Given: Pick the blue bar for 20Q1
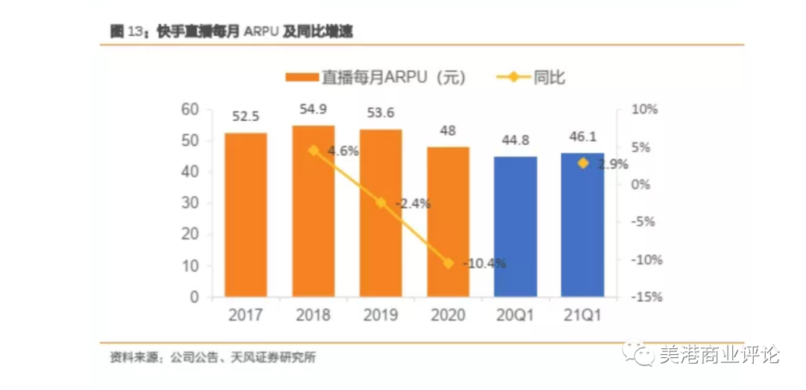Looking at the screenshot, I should coord(516,227).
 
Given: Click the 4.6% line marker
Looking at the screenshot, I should coord(314,150).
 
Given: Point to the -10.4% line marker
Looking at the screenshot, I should coord(449,262).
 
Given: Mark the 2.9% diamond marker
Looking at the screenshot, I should coord(584,163).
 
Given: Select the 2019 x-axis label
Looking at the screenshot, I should coord(381,315).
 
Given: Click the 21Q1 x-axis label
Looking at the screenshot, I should coord(583,315).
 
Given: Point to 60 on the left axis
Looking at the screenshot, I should coord(190,110).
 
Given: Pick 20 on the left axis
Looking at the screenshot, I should coord(190,234).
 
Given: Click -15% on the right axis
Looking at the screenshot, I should coord(646,297).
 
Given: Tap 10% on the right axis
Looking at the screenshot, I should coord(646,110).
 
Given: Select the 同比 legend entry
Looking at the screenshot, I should coord(531,77).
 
